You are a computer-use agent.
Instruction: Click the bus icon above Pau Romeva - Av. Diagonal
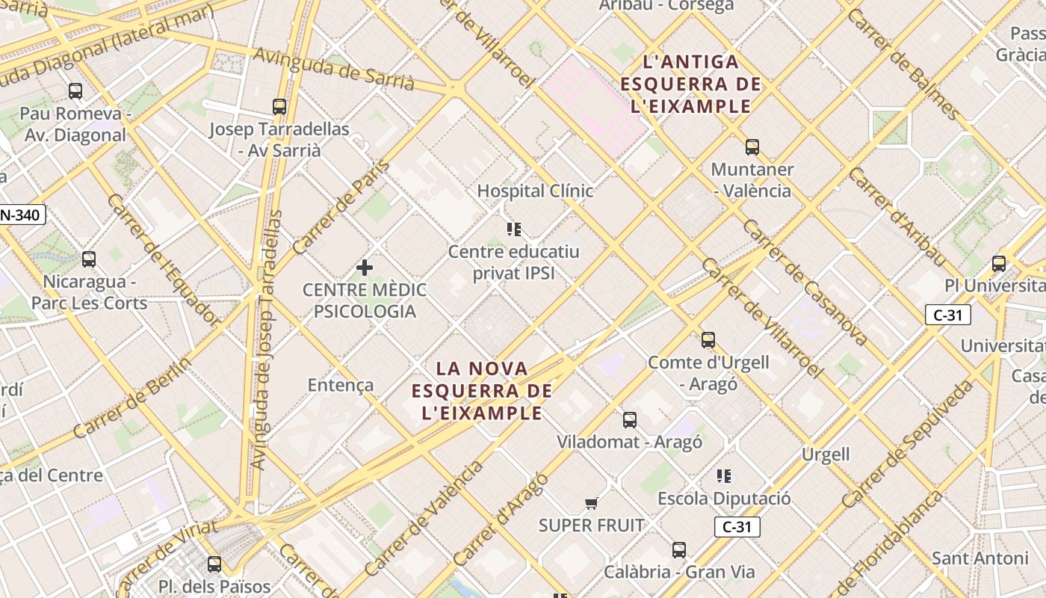tap(75, 91)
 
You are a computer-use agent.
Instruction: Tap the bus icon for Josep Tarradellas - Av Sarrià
tap(279, 107)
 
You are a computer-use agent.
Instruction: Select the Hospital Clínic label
tap(535, 191)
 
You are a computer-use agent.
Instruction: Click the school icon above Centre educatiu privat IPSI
tap(514, 229)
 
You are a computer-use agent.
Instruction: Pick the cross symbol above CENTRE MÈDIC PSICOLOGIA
tap(365, 268)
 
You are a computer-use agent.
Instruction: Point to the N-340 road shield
tap(22, 215)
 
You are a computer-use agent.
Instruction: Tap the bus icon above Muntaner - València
tap(752, 147)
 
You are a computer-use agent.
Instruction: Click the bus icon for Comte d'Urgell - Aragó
tap(708, 340)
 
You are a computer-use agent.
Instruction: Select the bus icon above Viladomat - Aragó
tap(630, 419)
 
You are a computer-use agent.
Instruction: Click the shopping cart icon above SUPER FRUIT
tap(592, 503)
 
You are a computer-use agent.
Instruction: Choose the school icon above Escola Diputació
tap(724, 475)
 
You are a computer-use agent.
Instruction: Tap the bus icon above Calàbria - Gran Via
tap(679, 550)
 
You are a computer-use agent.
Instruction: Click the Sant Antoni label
tap(980, 558)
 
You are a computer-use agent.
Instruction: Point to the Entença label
tap(341, 385)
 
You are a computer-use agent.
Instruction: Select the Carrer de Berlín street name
tap(133, 398)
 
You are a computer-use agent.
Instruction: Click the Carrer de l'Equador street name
tap(164, 260)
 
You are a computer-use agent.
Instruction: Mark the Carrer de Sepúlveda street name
tap(908, 444)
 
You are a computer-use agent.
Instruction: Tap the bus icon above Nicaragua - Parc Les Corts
tap(89, 259)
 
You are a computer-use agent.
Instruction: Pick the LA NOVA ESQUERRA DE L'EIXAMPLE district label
tap(482, 390)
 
